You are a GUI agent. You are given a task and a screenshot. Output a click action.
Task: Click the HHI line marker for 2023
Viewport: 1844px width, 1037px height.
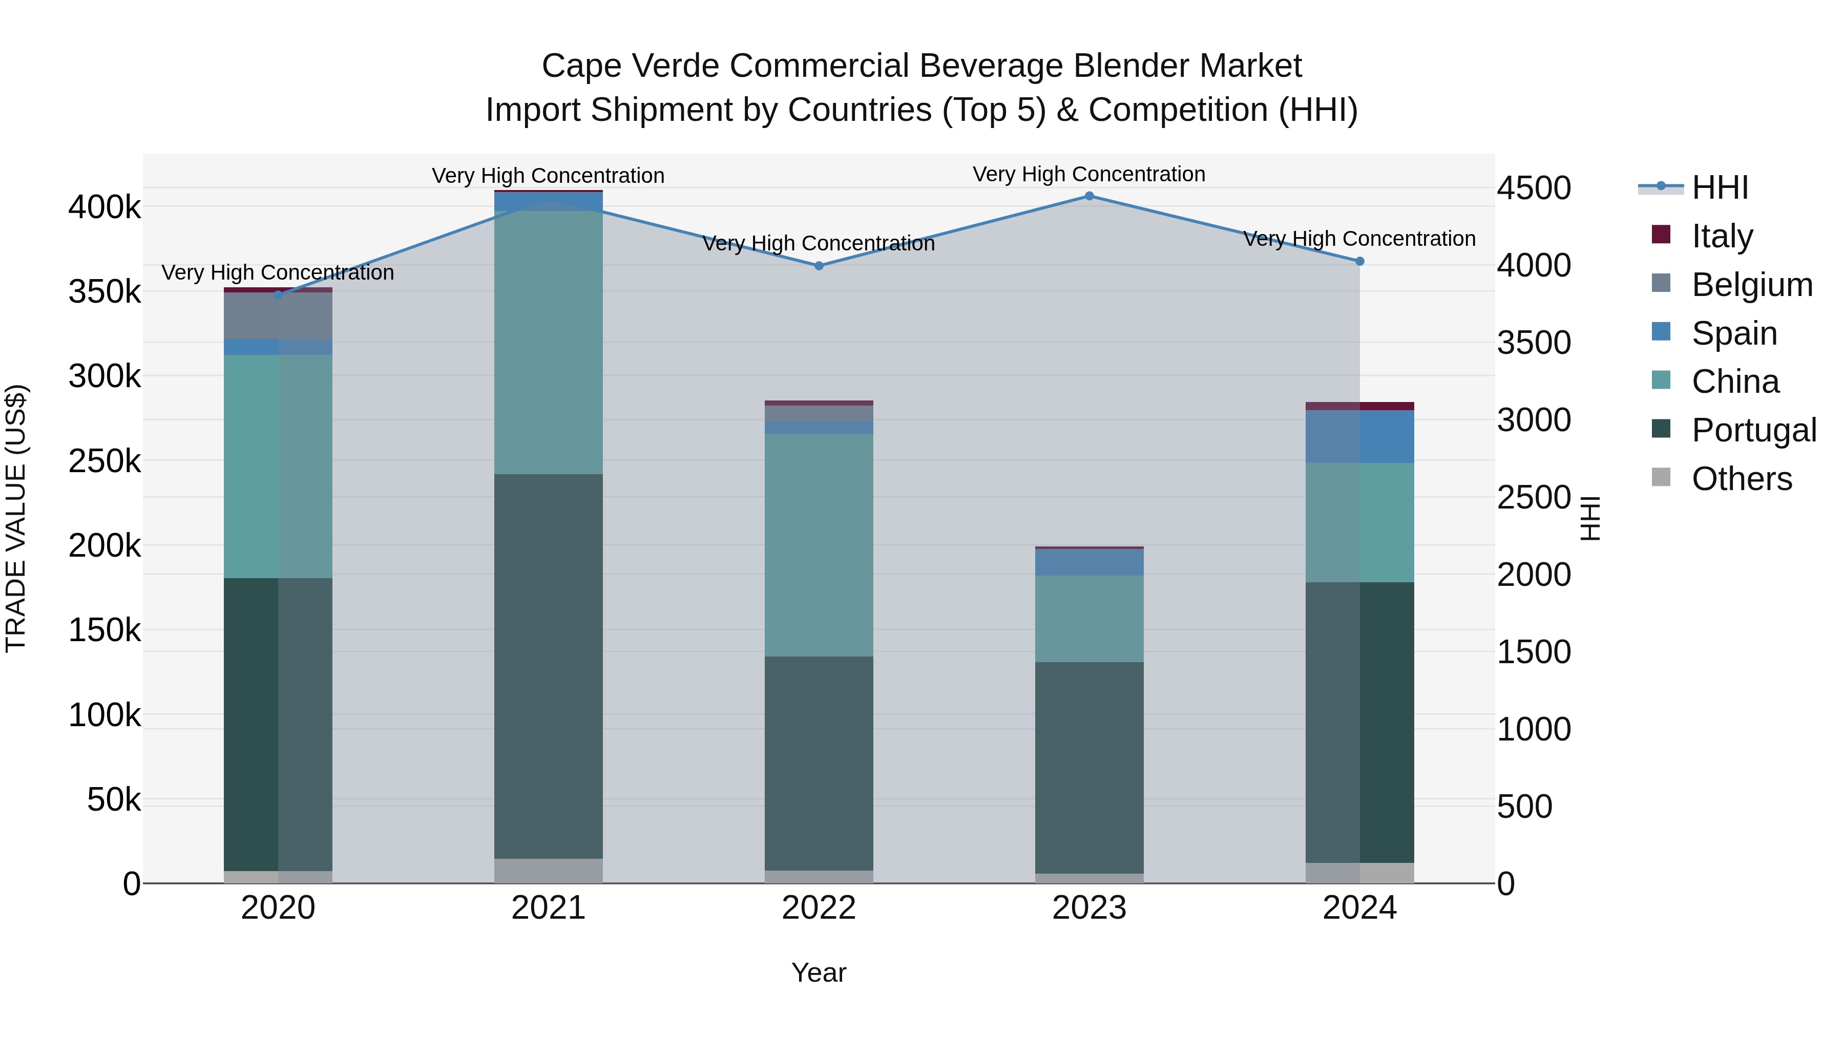pyautogui.click(x=1089, y=196)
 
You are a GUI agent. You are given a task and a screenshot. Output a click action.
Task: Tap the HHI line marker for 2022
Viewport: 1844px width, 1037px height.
pyautogui.click(x=819, y=265)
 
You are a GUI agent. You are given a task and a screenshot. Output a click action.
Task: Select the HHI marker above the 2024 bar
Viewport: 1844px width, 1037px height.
pyautogui.click(x=1359, y=261)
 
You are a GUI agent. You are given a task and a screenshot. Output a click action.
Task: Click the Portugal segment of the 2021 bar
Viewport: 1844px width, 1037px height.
pyautogui.click(x=548, y=666)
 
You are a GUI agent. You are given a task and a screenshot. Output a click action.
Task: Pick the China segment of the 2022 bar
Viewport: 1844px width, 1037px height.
pyautogui.click(x=819, y=545)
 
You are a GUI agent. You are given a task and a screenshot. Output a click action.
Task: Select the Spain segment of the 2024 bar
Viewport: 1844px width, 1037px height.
pyautogui.click(x=1359, y=436)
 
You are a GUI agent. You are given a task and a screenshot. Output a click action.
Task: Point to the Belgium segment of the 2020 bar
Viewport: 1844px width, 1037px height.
pyautogui.click(x=278, y=315)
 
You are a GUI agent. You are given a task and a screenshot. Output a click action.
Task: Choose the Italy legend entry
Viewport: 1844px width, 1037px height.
pyautogui.click(x=1722, y=236)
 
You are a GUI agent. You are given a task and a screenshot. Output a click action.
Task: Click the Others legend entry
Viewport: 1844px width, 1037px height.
pyautogui.click(x=1741, y=479)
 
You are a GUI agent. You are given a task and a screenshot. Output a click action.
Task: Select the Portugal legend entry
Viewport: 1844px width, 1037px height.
pyautogui.click(x=1753, y=430)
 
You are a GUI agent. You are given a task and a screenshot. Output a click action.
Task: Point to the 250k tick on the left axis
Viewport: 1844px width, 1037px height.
pyautogui.click(x=104, y=461)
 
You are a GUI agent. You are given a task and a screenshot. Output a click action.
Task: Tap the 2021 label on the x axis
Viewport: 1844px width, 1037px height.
pyautogui.click(x=548, y=908)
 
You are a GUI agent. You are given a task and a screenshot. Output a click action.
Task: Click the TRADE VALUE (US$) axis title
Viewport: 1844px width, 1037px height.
pyautogui.click(x=16, y=518)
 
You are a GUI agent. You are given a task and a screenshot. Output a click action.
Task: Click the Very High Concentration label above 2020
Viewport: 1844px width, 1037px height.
pyautogui.click(x=278, y=272)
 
